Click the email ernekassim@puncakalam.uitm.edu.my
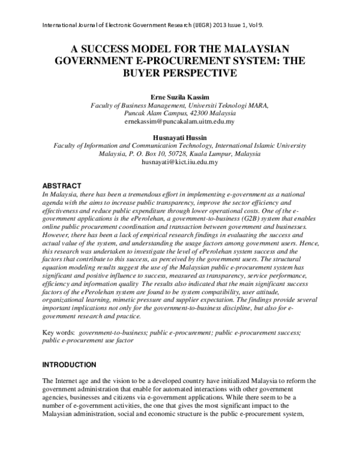pyautogui.click(x=179, y=121)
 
